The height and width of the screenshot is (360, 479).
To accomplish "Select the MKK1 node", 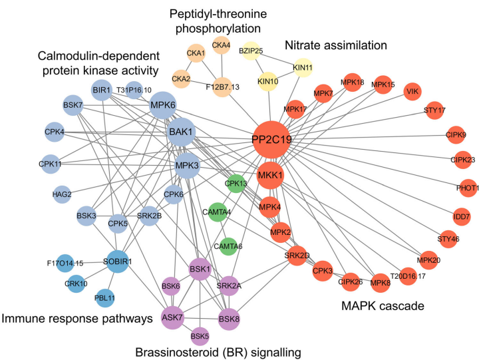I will tap(271, 175).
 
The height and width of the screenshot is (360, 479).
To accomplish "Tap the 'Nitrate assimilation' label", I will tap(335, 46).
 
